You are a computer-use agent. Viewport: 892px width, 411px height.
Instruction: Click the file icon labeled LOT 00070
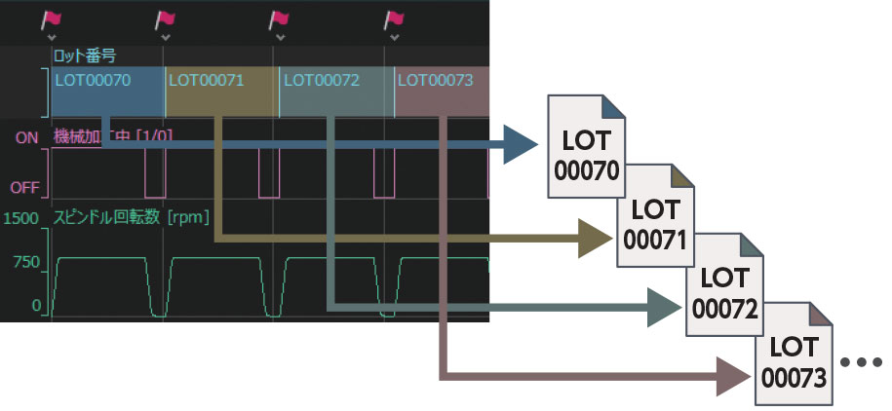coord(586,141)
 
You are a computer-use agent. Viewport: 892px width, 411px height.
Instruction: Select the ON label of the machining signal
coord(26,138)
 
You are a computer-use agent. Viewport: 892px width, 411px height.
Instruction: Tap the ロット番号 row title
coord(84,55)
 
